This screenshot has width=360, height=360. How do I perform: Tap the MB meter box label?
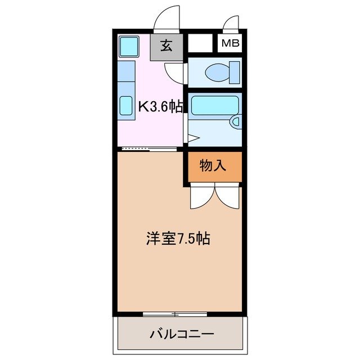tap(229, 43)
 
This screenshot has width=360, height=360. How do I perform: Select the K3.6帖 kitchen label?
tap(161, 107)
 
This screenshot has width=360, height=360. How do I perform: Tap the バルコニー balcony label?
tap(181, 334)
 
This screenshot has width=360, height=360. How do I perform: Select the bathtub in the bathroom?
tap(214, 105)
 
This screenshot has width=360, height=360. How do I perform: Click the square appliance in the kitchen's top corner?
tap(129, 46)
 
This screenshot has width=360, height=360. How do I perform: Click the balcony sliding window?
tap(174, 313)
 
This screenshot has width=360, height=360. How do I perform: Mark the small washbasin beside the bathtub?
tap(236, 120)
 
